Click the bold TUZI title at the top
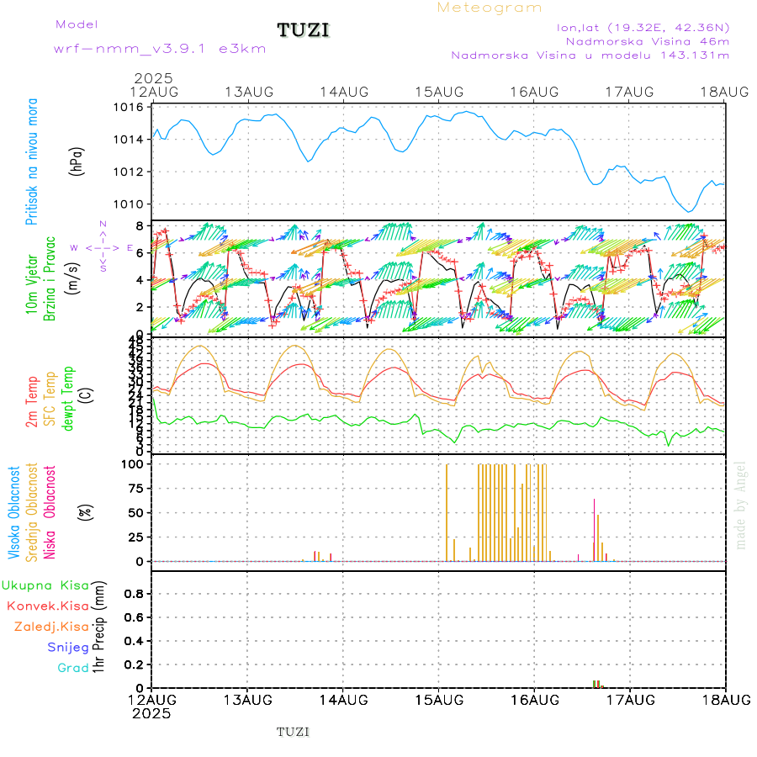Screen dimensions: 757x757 (304, 30)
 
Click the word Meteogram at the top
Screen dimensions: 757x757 (490, 8)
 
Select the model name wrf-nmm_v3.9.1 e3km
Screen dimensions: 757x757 (160, 48)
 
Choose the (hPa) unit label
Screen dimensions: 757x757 (77, 160)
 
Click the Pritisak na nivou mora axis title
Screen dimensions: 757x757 (32, 161)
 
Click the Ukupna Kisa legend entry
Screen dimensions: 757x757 (45, 585)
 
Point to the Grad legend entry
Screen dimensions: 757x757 (73, 669)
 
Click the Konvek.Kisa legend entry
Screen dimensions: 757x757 (47, 606)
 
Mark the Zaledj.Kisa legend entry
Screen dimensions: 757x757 (51, 627)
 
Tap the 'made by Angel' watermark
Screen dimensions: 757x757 (741, 505)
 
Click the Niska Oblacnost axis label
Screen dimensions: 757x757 (50, 511)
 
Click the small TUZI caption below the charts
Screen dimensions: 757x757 (294, 732)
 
